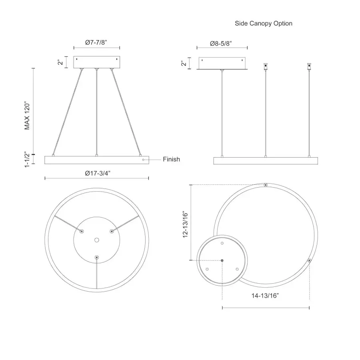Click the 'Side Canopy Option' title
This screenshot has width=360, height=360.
pyautogui.click(x=263, y=23)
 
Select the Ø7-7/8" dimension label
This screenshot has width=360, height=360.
pyautogui.click(x=96, y=42)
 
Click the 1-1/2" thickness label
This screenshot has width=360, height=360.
pyautogui.click(x=28, y=160)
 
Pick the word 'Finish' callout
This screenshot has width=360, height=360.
pyautogui.click(x=171, y=159)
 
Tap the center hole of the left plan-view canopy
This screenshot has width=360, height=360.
pyautogui.click(x=96, y=240)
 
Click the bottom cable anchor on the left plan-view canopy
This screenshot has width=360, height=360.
pyautogui.click(x=96, y=257)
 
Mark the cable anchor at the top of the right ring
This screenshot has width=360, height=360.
pyautogui.click(x=266, y=185)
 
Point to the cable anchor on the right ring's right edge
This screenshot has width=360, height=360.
pyautogui.click(x=309, y=260)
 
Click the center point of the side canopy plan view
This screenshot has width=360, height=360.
pyautogui.click(x=222, y=260)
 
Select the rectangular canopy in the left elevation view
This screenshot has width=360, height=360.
pyautogui.click(x=96, y=62)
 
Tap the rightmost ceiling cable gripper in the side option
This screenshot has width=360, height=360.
pyautogui.click(x=308, y=66)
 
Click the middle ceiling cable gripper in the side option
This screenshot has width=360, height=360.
pyautogui.click(x=265, y=66)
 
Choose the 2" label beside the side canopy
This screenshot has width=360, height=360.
pyautogui.click(x=184, y=63)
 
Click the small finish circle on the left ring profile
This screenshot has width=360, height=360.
pyautogui.click(x=144, y=159)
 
